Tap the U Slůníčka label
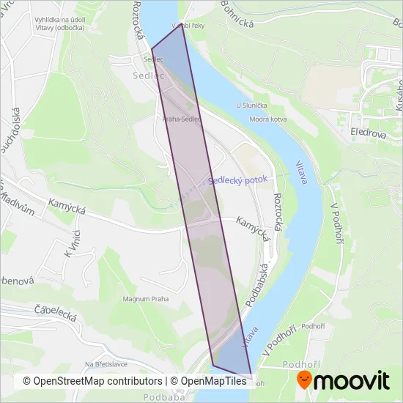[251, 106]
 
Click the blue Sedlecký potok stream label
[238, 179]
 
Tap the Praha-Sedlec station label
[182, 118]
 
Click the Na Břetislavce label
[107, 364]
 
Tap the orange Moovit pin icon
[303, 380]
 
